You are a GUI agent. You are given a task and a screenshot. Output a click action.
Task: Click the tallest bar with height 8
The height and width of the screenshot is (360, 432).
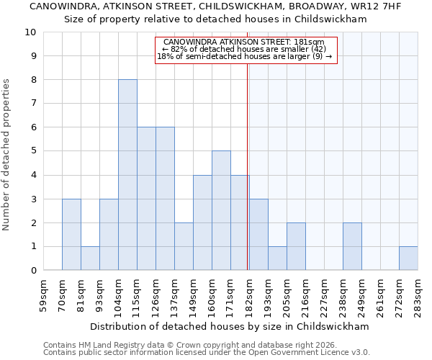pos(127,175)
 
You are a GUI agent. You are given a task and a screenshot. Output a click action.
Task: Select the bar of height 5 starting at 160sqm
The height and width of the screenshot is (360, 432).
pos(221,210)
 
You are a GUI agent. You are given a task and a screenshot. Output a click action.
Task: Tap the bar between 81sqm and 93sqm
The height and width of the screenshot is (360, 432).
pos(90,258)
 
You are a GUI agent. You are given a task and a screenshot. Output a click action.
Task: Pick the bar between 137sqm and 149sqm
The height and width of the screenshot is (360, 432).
pos(184,246)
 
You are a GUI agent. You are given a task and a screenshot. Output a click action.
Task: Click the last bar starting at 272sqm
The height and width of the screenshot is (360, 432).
pos(408,258)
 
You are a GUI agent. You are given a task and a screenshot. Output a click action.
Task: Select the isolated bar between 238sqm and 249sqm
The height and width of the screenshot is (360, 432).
pos(352,246)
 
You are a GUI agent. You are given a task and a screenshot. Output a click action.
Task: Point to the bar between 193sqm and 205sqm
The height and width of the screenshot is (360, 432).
pos(277,258)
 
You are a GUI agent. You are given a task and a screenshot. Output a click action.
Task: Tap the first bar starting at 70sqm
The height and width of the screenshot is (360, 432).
pos(71,234)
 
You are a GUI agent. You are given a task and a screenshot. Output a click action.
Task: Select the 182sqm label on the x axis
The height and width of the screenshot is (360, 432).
pos(250,293)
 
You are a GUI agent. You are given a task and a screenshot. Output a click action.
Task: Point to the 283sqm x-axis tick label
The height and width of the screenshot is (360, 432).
pos(418,293)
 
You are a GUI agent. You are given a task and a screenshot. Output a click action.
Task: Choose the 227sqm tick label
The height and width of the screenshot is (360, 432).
pos(325,293)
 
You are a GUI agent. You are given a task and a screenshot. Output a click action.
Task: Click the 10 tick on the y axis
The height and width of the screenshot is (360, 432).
pos(30,32)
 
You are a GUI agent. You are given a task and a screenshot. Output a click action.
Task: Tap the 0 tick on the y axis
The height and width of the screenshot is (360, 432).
pos(33,271)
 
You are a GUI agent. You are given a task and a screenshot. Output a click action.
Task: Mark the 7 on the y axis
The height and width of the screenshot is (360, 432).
pos(33,104)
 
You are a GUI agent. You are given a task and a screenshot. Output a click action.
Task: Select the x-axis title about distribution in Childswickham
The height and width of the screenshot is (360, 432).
pos(230,326)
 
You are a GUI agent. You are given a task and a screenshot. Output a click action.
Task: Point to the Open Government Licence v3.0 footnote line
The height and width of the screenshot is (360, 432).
pos(206,352)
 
